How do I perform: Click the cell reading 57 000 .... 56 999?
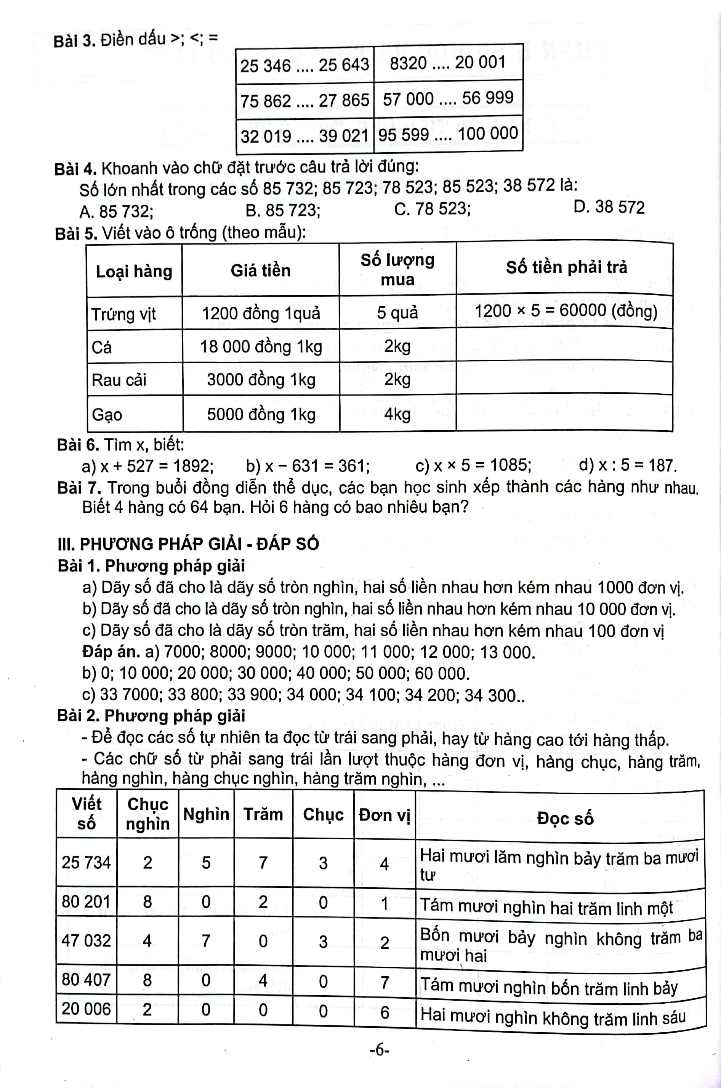448,98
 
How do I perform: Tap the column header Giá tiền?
260,270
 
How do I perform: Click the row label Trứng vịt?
124,314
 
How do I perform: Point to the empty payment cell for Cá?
564,345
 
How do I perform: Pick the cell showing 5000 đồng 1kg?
261,414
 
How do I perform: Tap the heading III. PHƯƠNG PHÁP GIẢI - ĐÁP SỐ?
188,544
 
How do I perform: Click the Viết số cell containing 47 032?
87,940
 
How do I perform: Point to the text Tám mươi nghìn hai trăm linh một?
546,907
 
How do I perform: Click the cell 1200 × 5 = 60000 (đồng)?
565,312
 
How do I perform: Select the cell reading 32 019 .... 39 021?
304,136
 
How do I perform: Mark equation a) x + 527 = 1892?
147,466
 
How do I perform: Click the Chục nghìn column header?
147,814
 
